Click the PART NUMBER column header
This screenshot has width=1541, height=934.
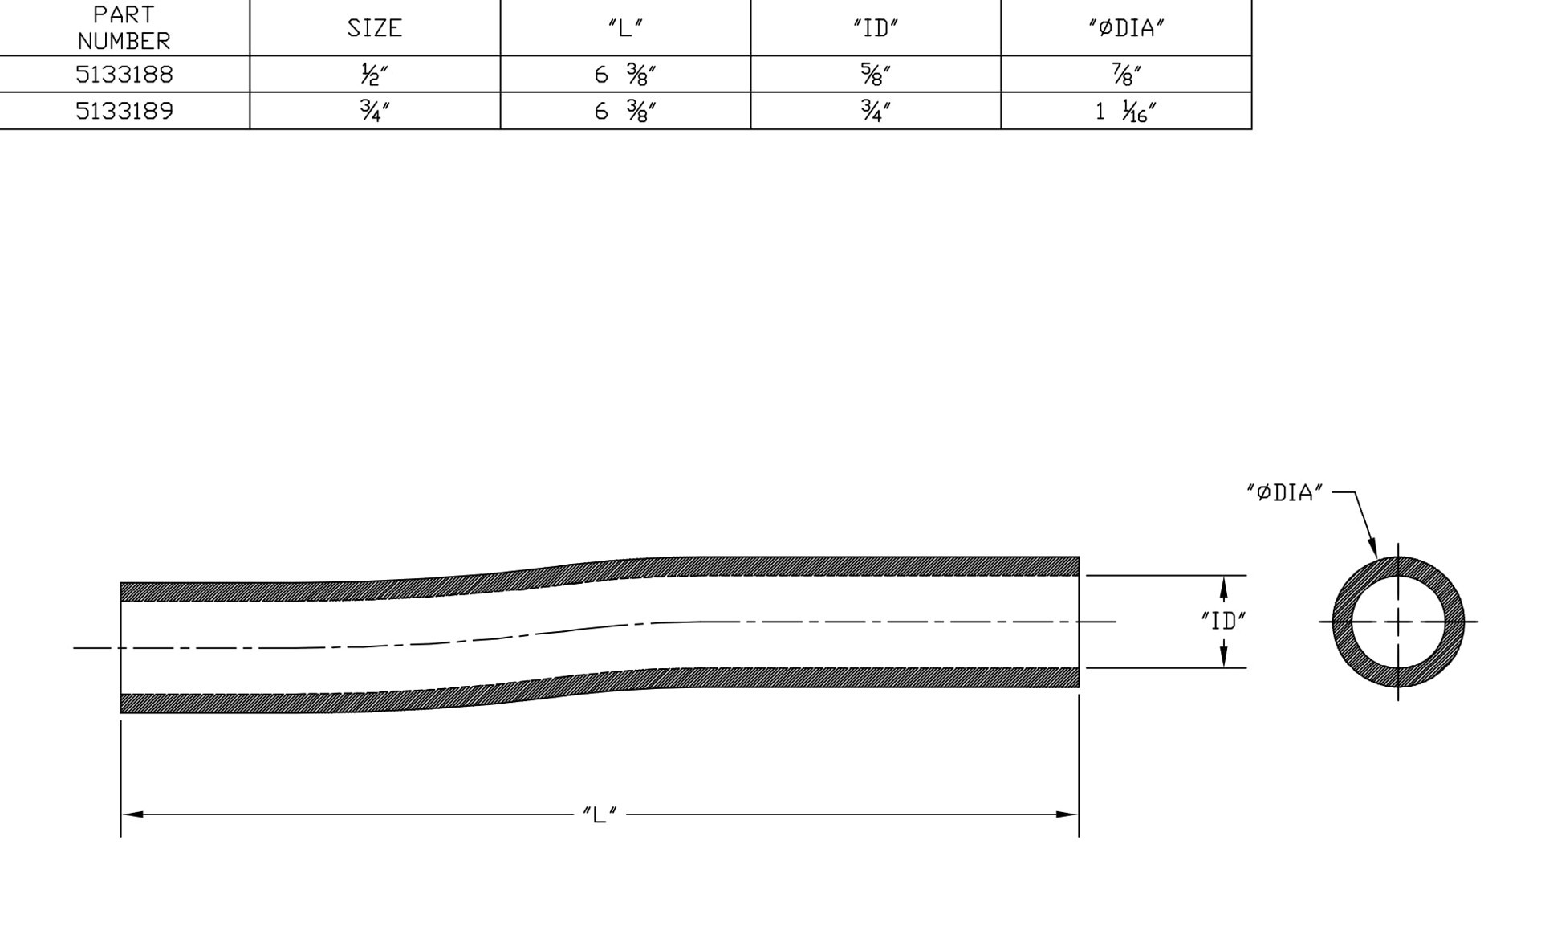124,28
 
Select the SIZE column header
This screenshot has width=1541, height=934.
374,28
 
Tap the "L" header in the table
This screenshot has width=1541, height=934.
625,28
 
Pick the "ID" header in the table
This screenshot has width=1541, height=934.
876,28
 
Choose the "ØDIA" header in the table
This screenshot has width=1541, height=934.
1126,28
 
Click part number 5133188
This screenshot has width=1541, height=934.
124,74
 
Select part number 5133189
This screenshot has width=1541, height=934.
124,111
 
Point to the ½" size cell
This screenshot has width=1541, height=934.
374,75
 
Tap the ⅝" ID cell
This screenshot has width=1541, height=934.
876,75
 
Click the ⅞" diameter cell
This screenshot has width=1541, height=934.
1126,75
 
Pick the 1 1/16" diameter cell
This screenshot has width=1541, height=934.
1126,112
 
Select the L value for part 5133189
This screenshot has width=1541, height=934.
625,112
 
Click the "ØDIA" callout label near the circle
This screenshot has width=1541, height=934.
1284,493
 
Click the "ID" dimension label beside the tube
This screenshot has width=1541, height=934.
1223,621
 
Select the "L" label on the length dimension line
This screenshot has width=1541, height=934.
600,814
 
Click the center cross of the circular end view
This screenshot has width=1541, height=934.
1398,622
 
